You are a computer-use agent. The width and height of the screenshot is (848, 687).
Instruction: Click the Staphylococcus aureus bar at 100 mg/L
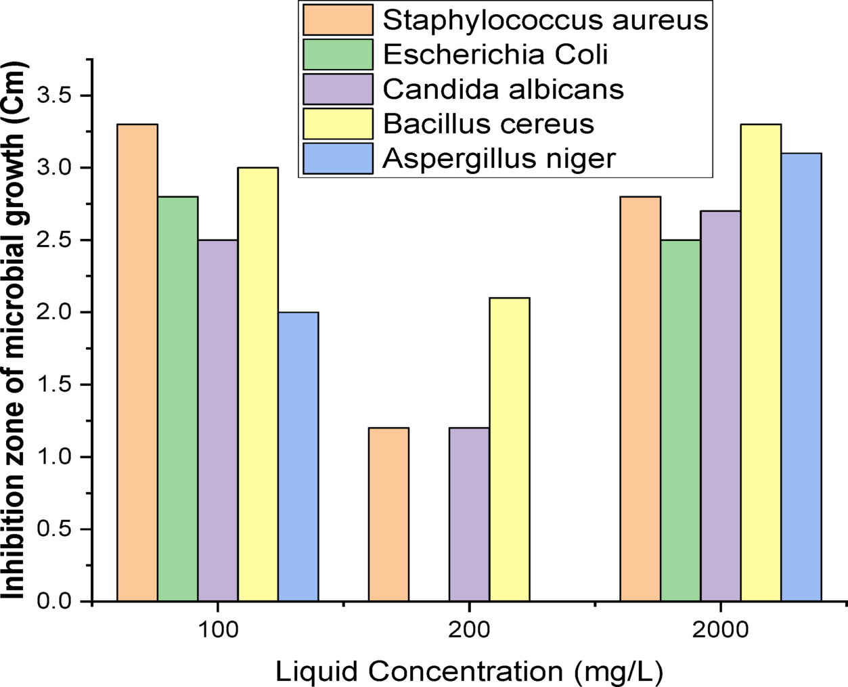point(137,363)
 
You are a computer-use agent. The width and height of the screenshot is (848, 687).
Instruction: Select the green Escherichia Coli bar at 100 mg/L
point(177,399)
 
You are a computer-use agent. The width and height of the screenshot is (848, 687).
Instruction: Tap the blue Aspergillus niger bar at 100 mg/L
point(298,457)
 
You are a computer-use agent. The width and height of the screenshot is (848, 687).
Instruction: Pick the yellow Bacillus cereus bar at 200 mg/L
point(509,449)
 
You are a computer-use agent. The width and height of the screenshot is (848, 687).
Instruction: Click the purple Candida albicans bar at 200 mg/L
point(469,514)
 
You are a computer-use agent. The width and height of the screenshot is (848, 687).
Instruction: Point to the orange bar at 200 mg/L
point(388,514)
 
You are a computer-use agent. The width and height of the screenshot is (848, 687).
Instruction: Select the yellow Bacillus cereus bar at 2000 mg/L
point(761,363)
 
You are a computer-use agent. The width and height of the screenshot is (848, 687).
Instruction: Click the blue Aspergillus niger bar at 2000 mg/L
point(801,377)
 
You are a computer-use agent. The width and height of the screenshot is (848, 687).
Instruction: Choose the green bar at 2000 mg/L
point(680,420)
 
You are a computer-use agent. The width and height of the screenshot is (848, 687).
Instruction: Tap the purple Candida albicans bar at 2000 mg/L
point(721,406)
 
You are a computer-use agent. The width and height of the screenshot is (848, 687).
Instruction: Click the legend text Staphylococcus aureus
point(545,20)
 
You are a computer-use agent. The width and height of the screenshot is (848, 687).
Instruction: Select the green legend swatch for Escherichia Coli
point(338,54)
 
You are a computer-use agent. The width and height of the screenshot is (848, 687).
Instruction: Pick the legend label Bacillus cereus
point(489,124)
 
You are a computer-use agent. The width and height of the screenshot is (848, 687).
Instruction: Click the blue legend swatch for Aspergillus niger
point(338,158)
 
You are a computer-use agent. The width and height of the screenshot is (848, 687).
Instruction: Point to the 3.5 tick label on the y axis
point(54,95)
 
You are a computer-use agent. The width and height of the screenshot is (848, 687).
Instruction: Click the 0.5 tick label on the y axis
point(54,529)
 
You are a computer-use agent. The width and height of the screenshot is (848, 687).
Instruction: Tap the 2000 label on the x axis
point(720,630)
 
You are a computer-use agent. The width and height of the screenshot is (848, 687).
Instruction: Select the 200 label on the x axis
point(469,630)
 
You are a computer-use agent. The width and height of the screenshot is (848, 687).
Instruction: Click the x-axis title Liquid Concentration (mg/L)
point(469,671)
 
